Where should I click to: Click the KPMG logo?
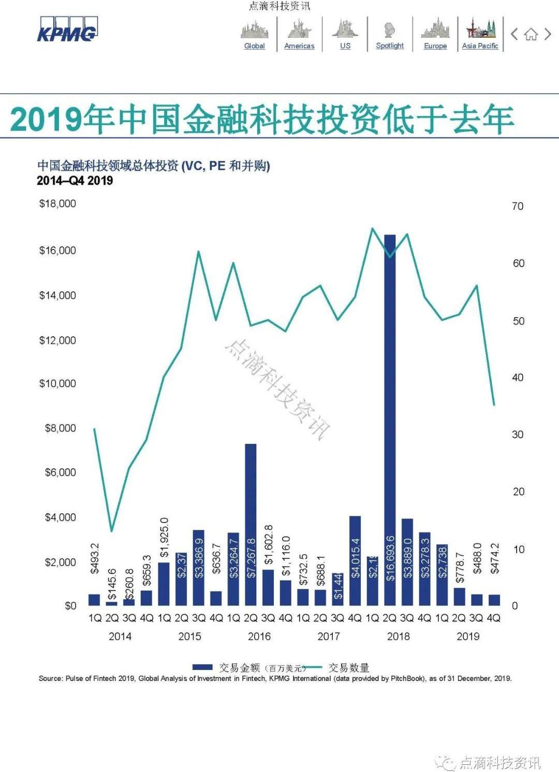point(67,29)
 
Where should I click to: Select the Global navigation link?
point(254,46)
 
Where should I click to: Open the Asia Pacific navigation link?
point(480,46)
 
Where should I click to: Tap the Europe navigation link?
point(435,46)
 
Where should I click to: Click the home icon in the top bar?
point(531,35)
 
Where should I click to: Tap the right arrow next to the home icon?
point(548,34)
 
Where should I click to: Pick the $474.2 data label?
point(495,558)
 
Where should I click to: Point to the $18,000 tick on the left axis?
point(57,203)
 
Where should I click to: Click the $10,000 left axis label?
point(57,383)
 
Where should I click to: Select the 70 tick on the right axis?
point(518,206)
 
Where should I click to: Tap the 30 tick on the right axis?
point(518,435)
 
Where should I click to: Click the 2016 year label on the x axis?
point(259,636)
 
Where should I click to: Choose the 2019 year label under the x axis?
point(468,636)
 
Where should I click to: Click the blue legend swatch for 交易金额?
point(202,667)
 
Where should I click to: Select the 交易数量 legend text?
point(348,667)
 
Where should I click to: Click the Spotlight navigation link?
point(390,46)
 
